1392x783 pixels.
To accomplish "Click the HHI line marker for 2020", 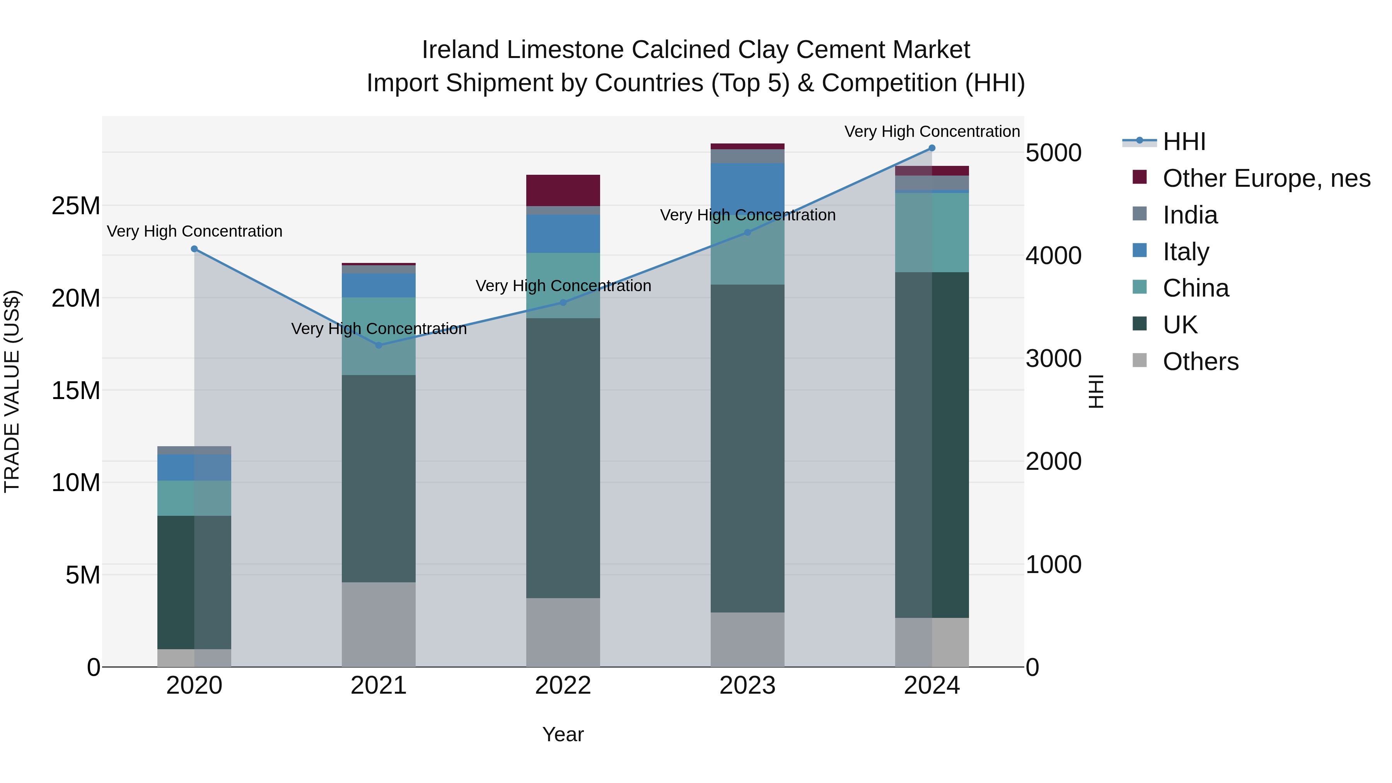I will pos(194,249).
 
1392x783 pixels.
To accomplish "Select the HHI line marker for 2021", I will pos(379,345).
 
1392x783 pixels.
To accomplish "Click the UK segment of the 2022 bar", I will pos(563,458).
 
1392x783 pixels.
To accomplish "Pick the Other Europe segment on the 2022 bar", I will pos(563,190).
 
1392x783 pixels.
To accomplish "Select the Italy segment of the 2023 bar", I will pos(747,186).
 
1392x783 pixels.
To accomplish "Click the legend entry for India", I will pos(1190,215).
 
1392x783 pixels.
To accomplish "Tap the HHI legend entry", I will pos(1184,142).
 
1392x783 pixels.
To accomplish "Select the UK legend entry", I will pos(1180,325).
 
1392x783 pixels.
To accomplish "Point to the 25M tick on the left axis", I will pos(76,206).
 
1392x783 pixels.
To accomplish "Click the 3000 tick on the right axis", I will pos(1053,359).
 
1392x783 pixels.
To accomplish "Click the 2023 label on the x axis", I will pos(747,686).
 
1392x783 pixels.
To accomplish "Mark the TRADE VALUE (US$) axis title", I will pos(12,391).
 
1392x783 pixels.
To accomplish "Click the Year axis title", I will pos(563,734).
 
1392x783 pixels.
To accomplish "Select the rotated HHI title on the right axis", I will pos(1095,391).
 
